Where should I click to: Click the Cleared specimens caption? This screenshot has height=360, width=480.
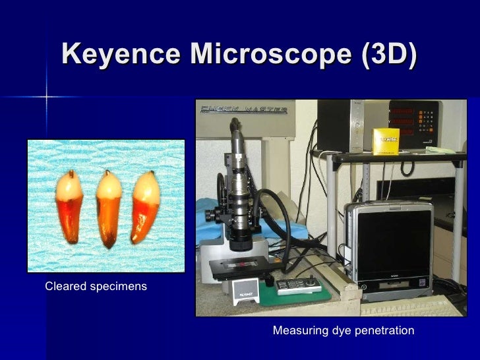[96, 287]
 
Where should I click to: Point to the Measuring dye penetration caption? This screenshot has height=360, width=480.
[344, 330]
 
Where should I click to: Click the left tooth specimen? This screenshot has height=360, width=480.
[69, 206]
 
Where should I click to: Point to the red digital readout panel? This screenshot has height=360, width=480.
[411, 121]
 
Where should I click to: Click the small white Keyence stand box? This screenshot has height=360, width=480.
[245, 291]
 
